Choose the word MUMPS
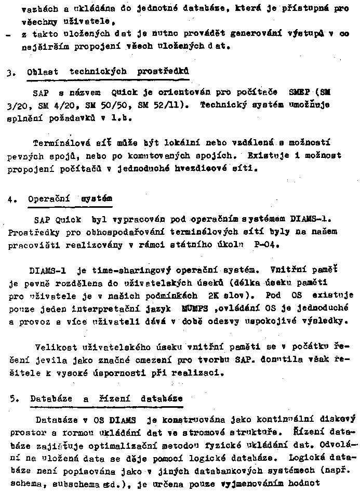pyautogui.click(x=179, y=309)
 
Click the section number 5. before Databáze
pyautogui.click(x=13, y=398)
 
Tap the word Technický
pyautogui.click(x=223, y=105)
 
